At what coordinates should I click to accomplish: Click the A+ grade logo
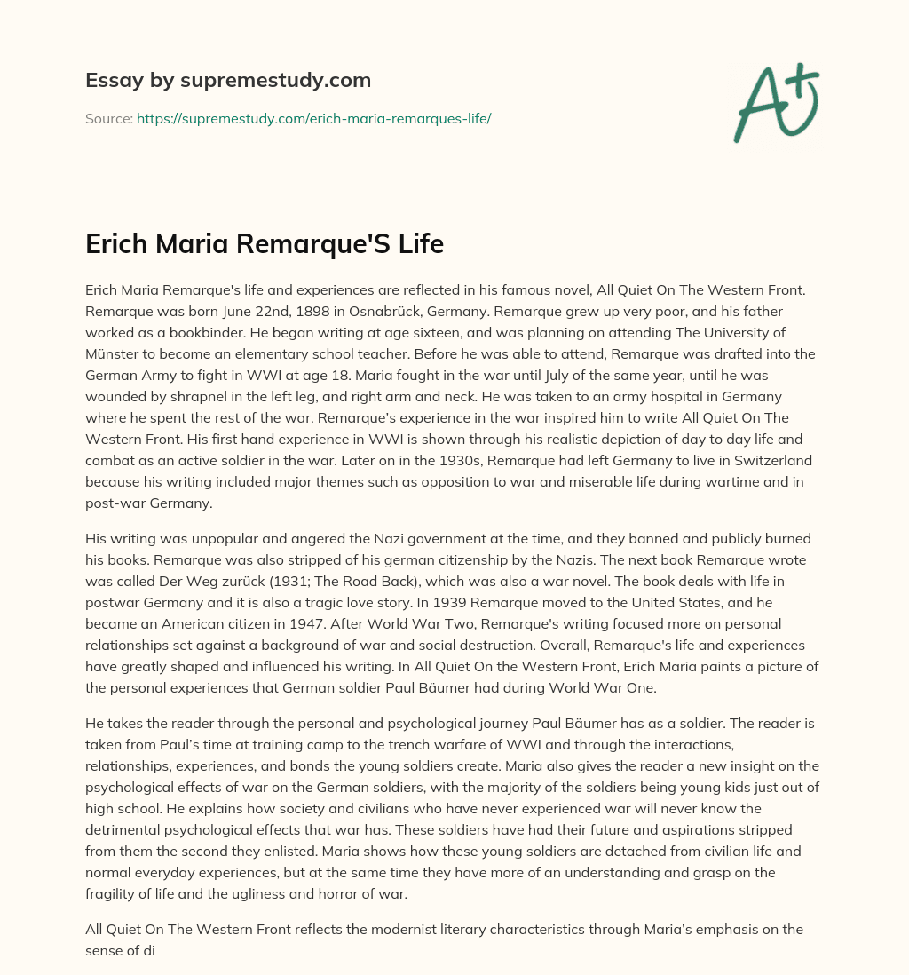point(775,102)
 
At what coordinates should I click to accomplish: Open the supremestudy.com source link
point(313,118)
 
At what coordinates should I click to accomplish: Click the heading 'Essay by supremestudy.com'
point(227,81)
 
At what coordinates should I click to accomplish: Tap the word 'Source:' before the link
point(109,118)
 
